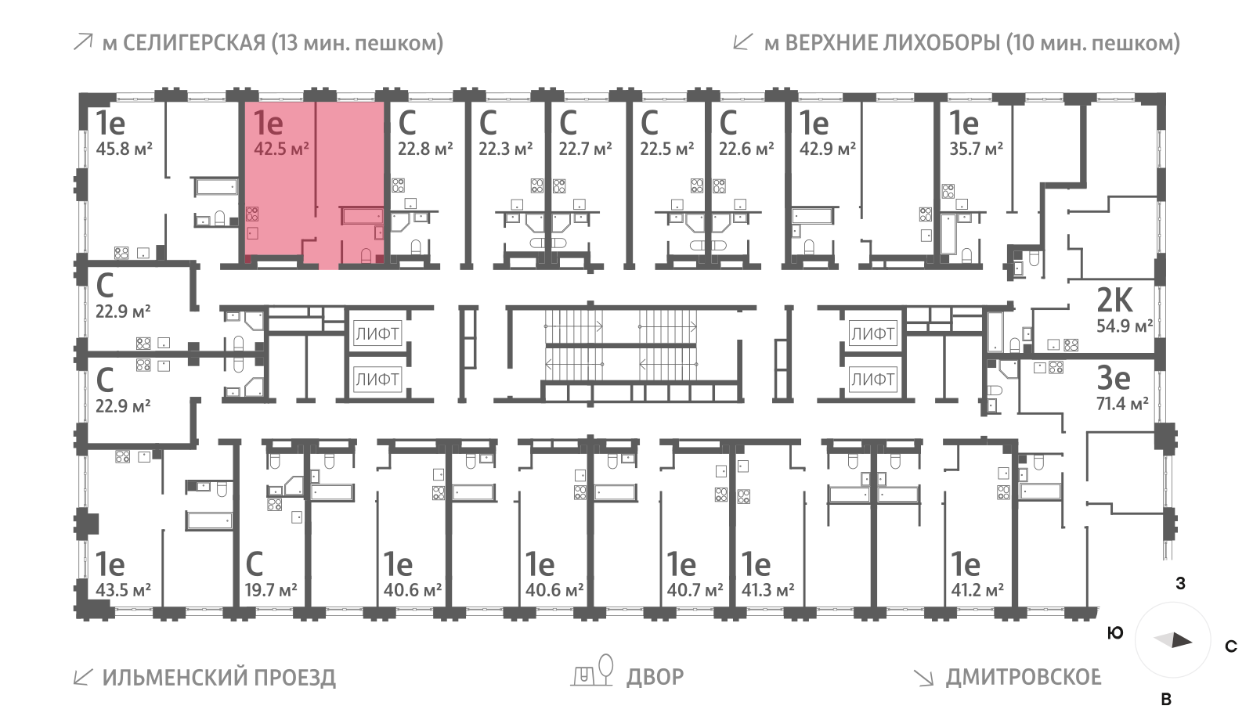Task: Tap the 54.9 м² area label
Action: coord(1124,326)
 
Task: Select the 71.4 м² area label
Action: coord(1121,404)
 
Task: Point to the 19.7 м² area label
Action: coord(271,589)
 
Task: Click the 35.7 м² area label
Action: coord(976,148)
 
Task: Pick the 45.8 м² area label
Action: coord(124,148)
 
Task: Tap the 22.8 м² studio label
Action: coord(425,148)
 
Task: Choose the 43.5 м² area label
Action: coord(123,589)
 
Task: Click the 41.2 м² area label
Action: coord(977,589)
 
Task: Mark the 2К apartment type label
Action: coord(1114,300)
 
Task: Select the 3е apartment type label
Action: coord(1113,378)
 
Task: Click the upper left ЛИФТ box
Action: coord(377,334)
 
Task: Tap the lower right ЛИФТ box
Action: coord(872,380)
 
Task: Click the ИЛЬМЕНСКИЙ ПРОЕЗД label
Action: coord(218,677)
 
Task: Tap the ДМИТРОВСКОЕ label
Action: coord(1023,677)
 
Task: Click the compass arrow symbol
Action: coord(1173,641)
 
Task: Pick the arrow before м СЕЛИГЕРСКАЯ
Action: coord(82,42)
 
